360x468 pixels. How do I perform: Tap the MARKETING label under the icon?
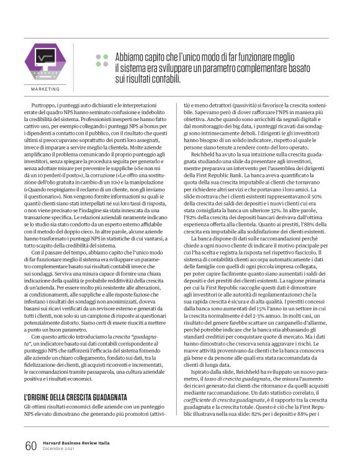pos(45,89)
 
